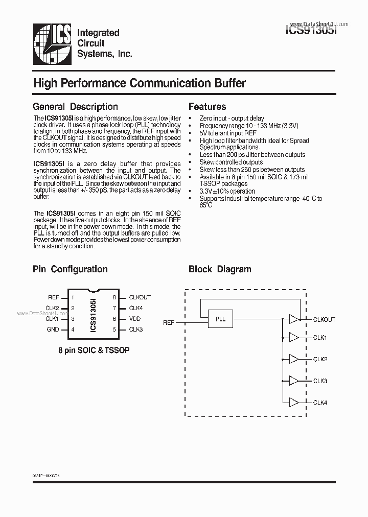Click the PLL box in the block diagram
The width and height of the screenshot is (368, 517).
click(x=220, y=319)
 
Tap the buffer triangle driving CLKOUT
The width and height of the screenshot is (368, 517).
click(x=294, y=319)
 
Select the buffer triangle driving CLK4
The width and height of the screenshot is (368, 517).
click(x=294, y=402)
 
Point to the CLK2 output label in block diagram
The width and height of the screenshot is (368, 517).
click(x=320, y=359)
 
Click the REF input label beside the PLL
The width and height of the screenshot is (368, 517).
click(x=169, y=322)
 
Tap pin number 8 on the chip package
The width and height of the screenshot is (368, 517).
click(x=114, y=297)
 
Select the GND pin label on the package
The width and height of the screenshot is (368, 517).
click(x=53, y=330)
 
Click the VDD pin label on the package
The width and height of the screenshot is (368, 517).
click(x=135, y=319)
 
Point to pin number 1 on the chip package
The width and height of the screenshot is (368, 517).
click(x=73, y=297)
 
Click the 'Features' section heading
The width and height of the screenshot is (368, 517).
click(x=207, y=107)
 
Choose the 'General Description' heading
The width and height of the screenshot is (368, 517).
click(x=75, y=107)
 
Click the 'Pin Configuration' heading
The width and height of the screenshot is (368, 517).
click(x=70, y=269)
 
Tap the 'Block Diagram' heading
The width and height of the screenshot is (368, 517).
click(x=220, y=269)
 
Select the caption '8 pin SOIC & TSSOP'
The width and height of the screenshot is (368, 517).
click(x=94, y=351)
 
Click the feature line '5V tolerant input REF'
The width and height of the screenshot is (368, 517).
click(x=228, y=133)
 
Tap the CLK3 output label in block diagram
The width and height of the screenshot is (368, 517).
click(x=320, y=381)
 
